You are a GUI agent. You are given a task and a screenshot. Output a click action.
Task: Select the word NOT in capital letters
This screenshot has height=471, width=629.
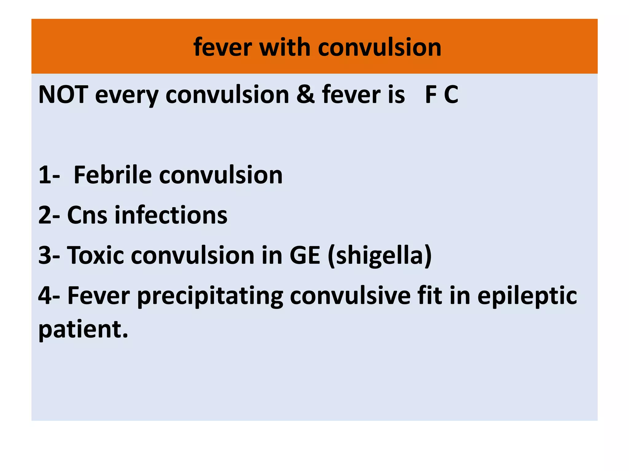pos(63,94)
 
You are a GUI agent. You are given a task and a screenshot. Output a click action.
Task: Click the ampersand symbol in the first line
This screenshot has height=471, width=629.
pos(305,94)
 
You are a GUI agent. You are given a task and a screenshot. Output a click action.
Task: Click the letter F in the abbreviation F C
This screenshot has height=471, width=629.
pos(431,94)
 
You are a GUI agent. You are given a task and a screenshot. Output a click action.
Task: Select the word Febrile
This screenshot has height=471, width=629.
pos(113,175)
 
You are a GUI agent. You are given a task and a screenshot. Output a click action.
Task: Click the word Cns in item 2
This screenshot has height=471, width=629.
pos(87,215)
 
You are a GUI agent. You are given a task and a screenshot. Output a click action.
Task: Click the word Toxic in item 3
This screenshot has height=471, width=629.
pos(96,255)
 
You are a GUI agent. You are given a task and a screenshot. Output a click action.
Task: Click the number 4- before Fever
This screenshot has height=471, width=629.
pos(49,296)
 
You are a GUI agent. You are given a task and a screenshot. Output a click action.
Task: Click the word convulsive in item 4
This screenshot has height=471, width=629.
pos(350,296)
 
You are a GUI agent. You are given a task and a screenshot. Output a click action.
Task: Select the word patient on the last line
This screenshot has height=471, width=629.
pos(80,330)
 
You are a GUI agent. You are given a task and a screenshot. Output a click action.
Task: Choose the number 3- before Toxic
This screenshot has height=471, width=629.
pos(49,255)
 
